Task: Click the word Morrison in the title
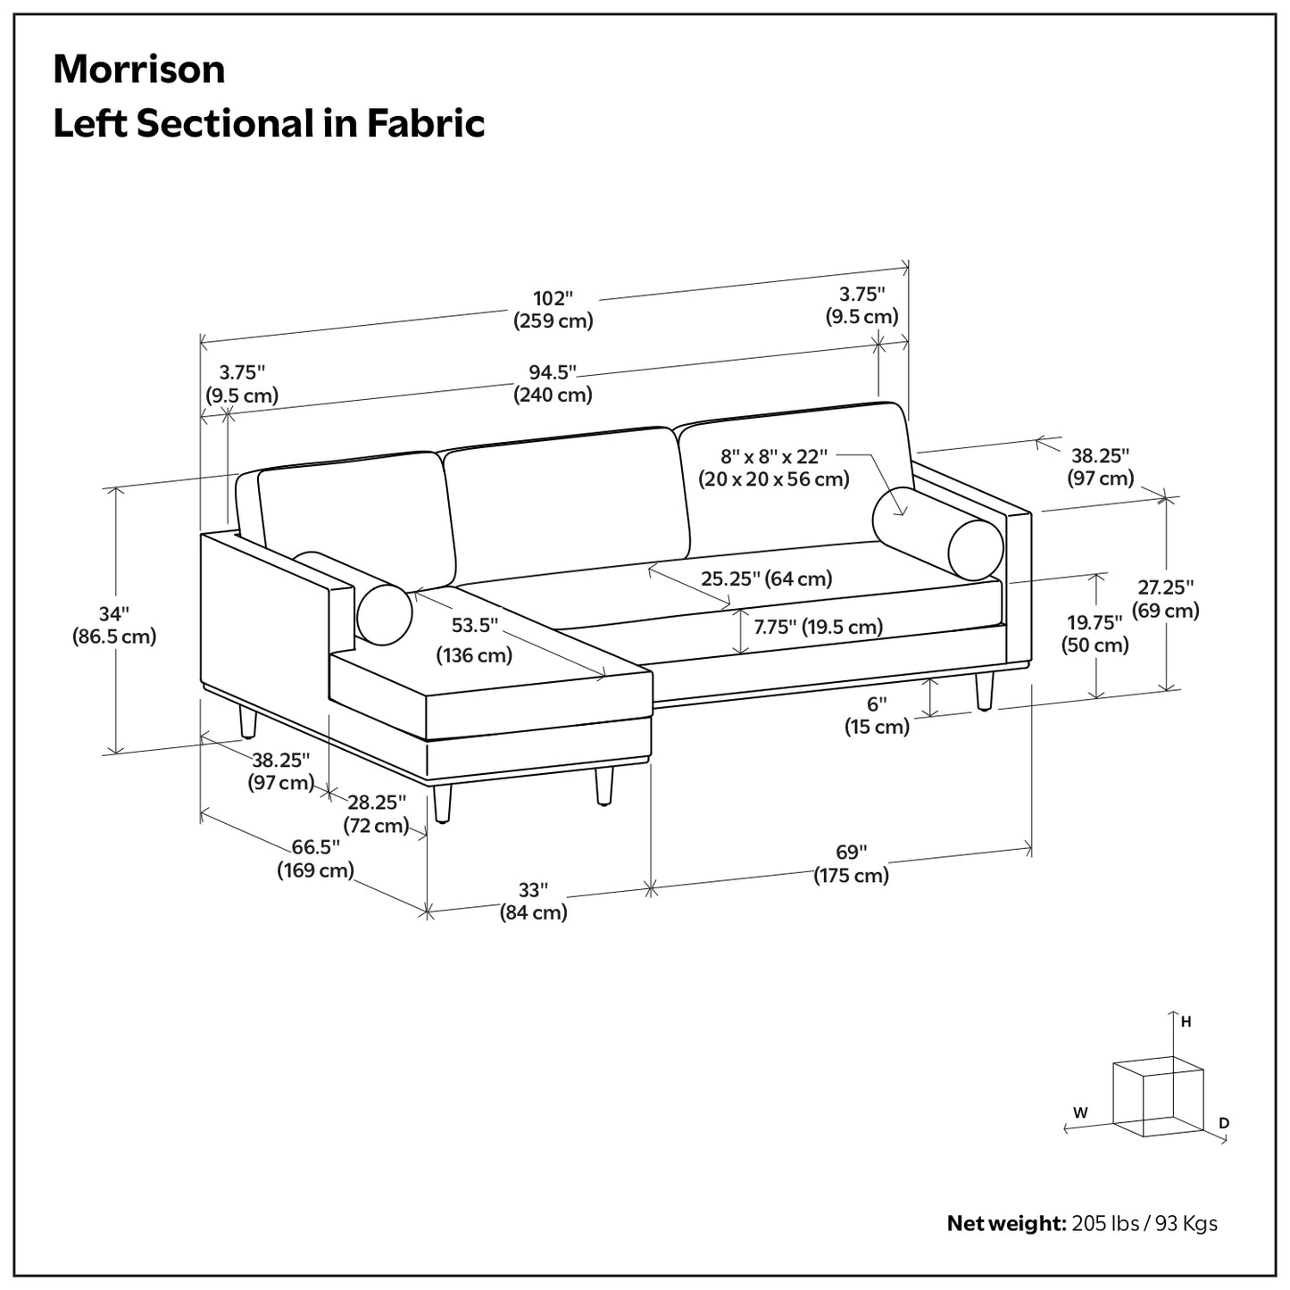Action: click(139, 70)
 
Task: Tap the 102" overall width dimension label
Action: click(553, 309)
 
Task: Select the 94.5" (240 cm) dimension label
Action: click(553, 383)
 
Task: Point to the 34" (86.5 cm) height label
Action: click(114, 625)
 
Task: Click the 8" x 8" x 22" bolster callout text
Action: click(774, 468)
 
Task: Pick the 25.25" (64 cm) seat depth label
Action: click(766, 578)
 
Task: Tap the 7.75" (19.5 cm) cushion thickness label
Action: click(818, 627)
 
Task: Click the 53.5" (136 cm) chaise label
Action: click(474, 639)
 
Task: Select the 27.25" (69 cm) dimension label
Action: click(1166, 599)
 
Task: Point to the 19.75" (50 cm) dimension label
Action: click(1095, 633)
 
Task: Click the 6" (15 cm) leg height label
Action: click(878, 715)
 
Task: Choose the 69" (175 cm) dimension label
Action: click(851, 863)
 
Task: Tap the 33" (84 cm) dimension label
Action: click(533, 901)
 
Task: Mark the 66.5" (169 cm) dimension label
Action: click(315, 858)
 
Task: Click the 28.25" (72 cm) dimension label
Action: click(377, 813)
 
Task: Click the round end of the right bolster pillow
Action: click(976, 550)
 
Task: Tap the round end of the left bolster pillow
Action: click(385, 614)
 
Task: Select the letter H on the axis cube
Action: click(1186, 1022)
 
